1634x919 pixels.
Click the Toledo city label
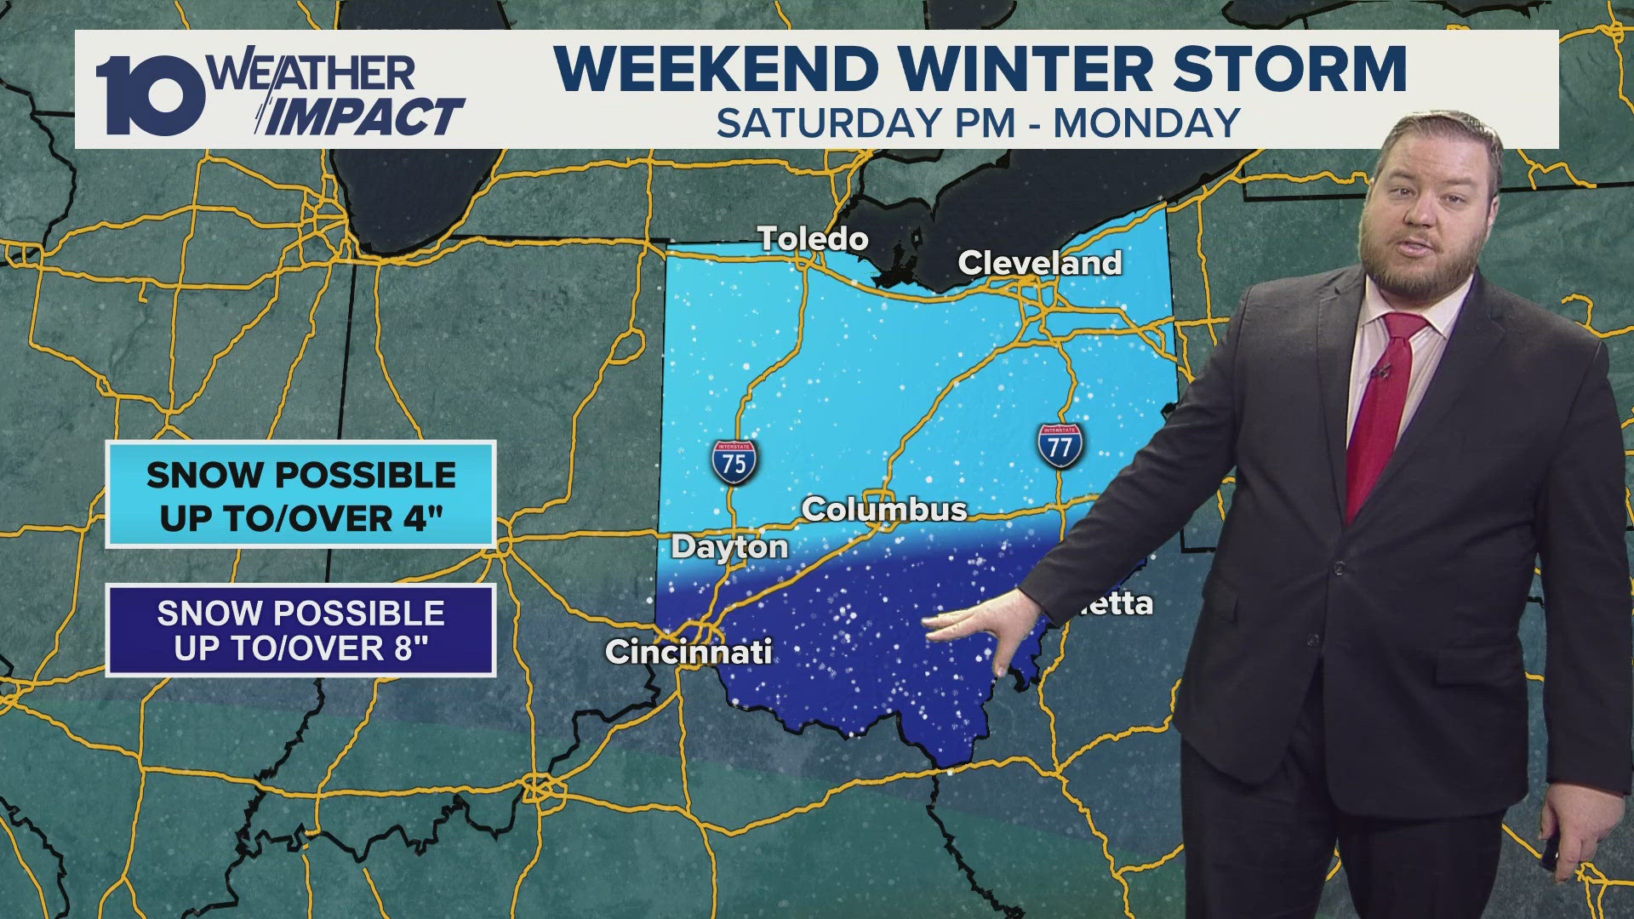pyautogui.click(x=813, y=239)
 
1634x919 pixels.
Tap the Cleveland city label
pyautogui.click(x=1039, y=263)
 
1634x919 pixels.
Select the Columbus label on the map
pyautogui.click(x=884, y=510)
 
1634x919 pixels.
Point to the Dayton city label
pyautogui.click(x=729, y=547)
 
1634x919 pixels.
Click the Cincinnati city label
pyautogui.click(x=688, y=652)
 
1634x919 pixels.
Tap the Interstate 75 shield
pyautogui.click(x=734, y=463)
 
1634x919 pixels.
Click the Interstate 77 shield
pyautogui.click(x=1060, y=445)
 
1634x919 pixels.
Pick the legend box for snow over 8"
pyautogui.click(x=300, y=631)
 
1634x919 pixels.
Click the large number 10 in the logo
pyautogui.click(x=150, y=95)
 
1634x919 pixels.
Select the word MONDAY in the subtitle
pyautogui.click(x=1146, y=123)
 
